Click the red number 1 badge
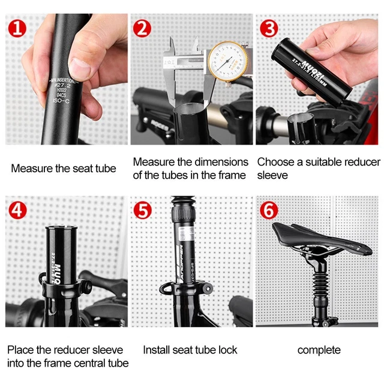[17, 28]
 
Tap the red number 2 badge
[142, 28]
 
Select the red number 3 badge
[269, 28]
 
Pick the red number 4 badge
[18, 210]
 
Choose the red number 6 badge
[269, 211]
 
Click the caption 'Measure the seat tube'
[63, 169]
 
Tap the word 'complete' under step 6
[319, 350]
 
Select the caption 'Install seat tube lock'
[190, 350]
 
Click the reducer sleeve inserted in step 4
[61, 252]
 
